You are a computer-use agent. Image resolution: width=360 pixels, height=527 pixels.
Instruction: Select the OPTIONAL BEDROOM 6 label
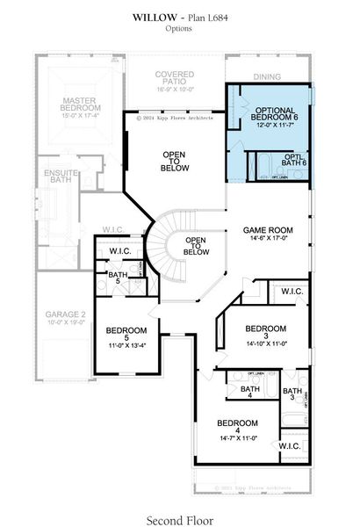coord(270,112)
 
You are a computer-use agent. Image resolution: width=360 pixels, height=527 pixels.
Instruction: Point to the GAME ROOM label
coord(268,230)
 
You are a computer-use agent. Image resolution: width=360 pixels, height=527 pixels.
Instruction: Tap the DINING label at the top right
coord(268,77)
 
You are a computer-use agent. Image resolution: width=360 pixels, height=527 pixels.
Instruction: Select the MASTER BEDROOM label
coord(72,108)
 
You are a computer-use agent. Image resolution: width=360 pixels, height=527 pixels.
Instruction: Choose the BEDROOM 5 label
coord(126,331)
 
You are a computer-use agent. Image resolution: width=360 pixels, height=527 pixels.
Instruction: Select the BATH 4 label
coord(248,393)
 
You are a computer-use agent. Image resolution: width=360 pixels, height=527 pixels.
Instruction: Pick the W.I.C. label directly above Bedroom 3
coord(292,292)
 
